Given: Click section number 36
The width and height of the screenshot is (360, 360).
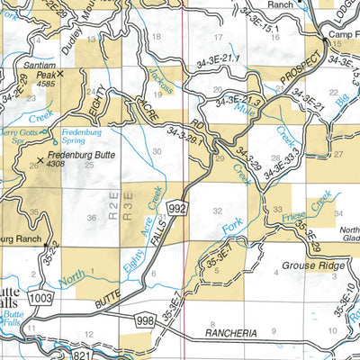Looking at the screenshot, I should click(91, 218).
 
